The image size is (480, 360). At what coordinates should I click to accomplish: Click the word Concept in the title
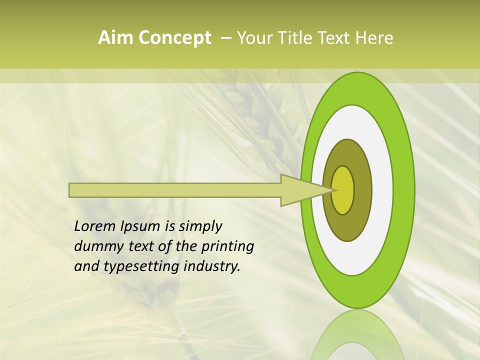pos(174,38)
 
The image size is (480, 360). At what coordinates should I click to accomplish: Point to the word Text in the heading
pos(335,38)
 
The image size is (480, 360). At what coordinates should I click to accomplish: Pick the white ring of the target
pos(382,190)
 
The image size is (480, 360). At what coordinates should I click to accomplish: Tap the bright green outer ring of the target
pos(404,190)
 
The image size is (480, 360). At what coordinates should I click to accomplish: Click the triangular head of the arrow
pos(300,190)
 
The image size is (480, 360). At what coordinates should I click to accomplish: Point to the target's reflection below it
pos(357,335)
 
